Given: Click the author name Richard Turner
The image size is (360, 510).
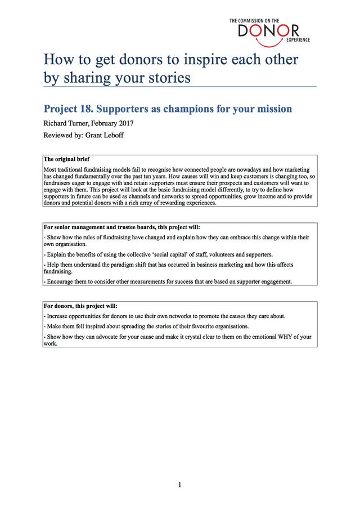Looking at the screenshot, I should pyautogui.click(x=67, y=123).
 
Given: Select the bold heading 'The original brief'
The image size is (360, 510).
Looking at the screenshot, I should pyautogui.click(x=67, y=159).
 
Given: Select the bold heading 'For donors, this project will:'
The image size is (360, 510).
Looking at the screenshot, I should pyautogui.click(x=80, y=306).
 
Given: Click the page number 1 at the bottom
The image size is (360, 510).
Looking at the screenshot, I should pyautogui.click(x=179, y=485).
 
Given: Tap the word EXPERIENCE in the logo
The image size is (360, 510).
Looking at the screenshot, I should pyautogui.click(x=298, y=41).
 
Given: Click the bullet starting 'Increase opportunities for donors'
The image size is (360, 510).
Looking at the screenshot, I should pyautogui.click(x=163, y=316).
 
